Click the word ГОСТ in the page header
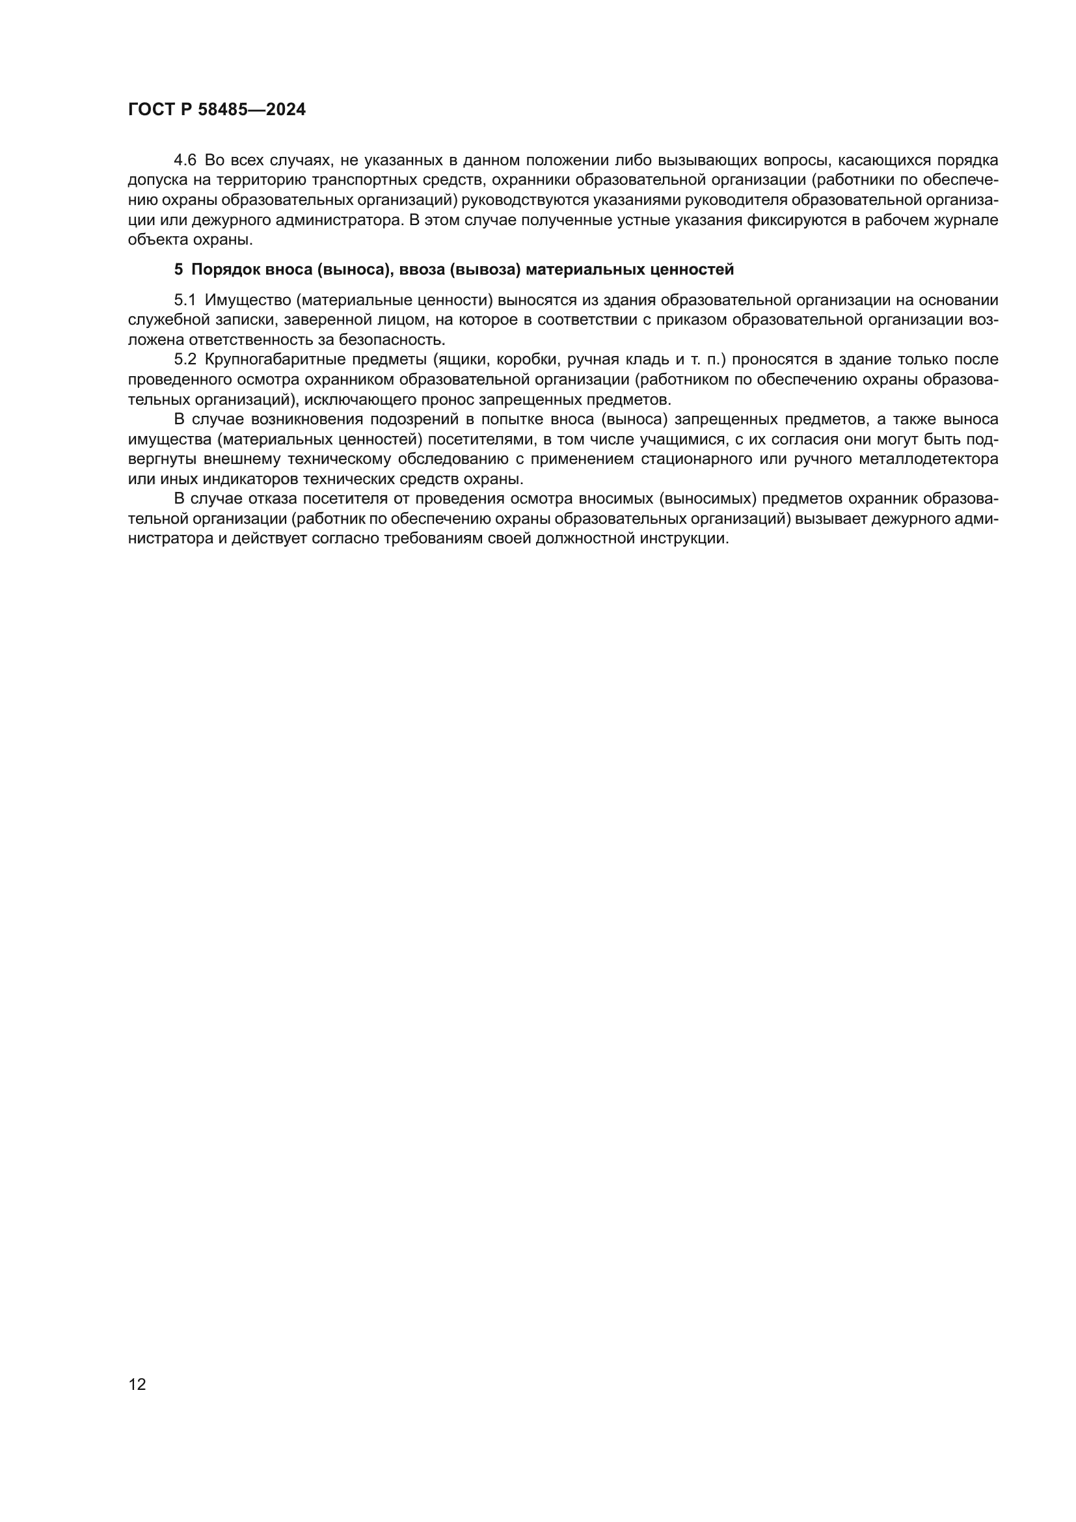(x=150, y=110)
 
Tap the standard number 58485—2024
(x=252, y=110)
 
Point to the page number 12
(x=137, y=1384)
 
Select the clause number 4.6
(x=185, y=161)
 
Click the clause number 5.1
(x=185, y=300)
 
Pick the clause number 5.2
(x=185, y=360)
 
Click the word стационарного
(x=696, y=459)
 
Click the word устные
(x=639, y=220)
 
